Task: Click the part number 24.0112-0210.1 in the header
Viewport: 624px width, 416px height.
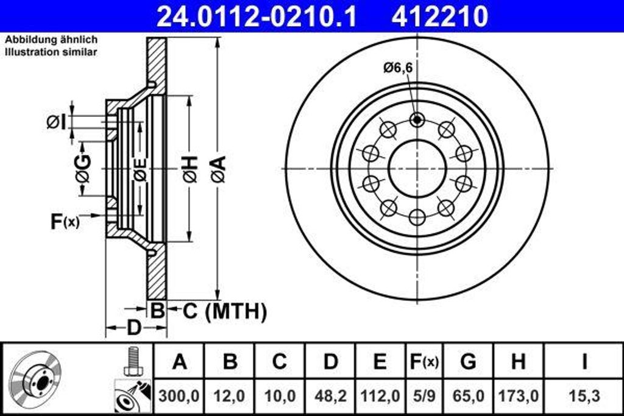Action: click(257, 16)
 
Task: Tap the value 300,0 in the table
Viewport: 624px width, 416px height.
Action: click(179, 396)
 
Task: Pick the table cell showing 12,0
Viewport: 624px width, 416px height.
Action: click(230, 396)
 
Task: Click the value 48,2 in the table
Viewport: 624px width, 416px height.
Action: click(330, 396)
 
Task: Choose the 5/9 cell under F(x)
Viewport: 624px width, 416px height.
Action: click(423, 396)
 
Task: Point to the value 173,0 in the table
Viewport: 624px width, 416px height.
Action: click(518, 396)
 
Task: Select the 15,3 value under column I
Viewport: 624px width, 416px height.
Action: click(584, 396)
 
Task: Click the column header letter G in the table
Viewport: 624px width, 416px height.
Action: click(468, 361)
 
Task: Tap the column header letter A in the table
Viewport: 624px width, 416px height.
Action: click(179, 361)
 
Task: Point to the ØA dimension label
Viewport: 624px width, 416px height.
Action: click(218, 169)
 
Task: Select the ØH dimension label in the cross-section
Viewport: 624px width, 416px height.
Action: click(189, 169)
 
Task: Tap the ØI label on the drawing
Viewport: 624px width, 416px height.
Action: click(55, 122)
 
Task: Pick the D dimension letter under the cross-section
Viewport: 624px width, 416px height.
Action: click(133, 328)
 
